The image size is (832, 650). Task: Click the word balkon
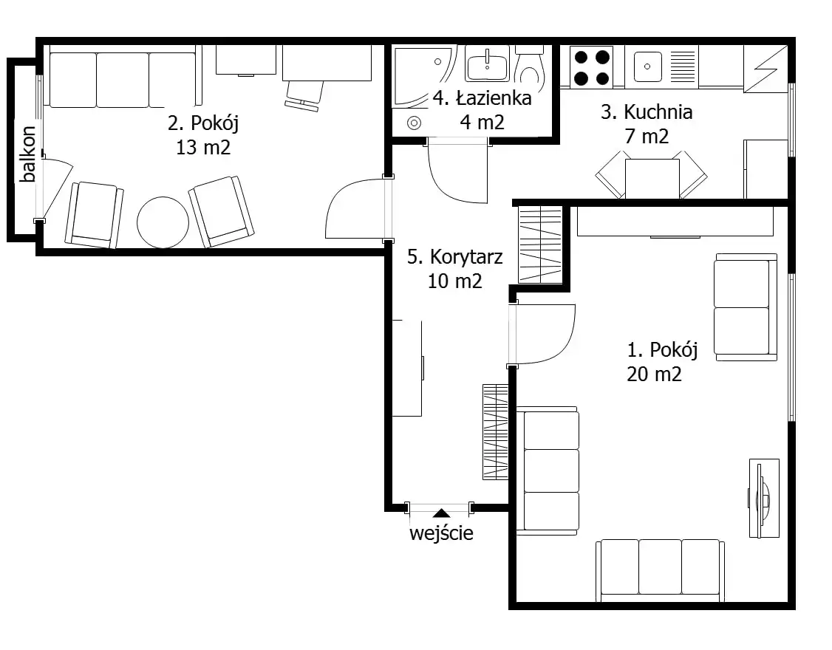click(x=27, y=154)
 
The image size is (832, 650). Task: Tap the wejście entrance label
click(x=441, y=533)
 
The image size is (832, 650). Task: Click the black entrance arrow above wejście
click(x=441, y=513)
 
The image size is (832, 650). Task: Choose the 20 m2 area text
click(x=654, y=374)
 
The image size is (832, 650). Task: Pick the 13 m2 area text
click(x=203, y=147)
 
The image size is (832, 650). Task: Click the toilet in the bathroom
click(x=530, y=65)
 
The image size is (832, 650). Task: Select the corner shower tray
click(x=423, y=76)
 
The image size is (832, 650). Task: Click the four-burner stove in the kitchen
click(x=592, y=67)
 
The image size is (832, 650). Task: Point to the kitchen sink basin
click(x=647, y=66)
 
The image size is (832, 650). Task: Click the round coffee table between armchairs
click(x=163, y=222)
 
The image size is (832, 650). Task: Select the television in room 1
click(x=763, y=499)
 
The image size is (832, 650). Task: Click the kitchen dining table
click(x=652, y=179)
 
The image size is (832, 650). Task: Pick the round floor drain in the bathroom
click(x=414, y=123)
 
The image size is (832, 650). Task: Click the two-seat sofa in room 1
click(x=746, y=307)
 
